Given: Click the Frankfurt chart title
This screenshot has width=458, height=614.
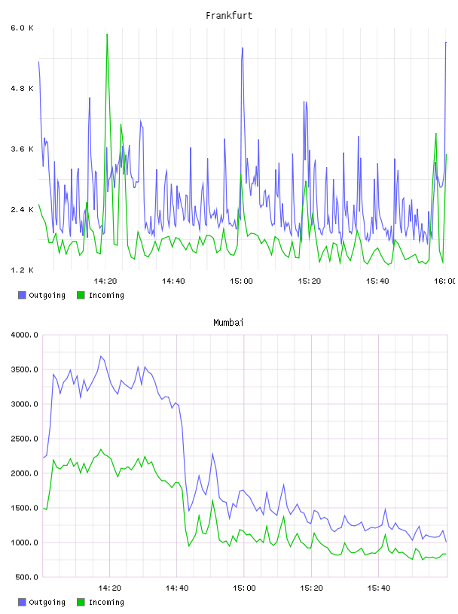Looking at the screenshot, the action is [x=229, y=16].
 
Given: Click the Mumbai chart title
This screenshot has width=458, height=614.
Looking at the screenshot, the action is [x=228, y=323].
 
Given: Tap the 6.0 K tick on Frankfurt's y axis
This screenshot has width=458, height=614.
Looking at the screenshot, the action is [x=22, y=28].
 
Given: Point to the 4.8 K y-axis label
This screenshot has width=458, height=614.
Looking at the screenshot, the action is [x=22, y=89].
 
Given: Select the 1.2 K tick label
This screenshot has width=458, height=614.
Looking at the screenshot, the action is [x=22, y=270].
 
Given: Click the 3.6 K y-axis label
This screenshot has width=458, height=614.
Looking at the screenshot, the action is [x=22, y=149].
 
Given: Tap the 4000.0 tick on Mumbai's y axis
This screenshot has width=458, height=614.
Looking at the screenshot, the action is [x=24, y=335].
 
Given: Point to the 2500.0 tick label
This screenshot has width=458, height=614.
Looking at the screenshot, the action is [x=24, y=439].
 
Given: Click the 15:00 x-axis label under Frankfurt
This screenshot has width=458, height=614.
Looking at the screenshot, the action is [x=241, y=281].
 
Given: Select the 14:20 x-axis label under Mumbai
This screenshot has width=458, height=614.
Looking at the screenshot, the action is [x=109, y=588].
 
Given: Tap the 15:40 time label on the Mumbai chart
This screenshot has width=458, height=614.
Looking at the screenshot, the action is [x=379, y=588].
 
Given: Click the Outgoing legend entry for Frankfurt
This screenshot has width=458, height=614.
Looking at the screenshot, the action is [x=41, y=295].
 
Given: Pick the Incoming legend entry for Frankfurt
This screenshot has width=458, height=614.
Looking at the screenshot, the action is [x=100, y=295].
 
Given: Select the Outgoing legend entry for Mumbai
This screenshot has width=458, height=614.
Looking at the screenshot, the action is [x=41, y=602].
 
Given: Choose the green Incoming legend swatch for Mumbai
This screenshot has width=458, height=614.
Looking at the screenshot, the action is [x=81, y=602].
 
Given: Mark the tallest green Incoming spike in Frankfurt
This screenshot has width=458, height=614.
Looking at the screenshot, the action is [x=107, y=35].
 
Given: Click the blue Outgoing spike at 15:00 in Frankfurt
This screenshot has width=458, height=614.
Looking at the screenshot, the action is [x=243, y=48].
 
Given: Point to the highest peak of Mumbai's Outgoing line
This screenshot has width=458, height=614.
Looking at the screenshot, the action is [x=101, y=357].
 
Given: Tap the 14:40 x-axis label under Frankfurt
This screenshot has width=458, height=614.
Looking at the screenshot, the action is [x=173, y=281].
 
